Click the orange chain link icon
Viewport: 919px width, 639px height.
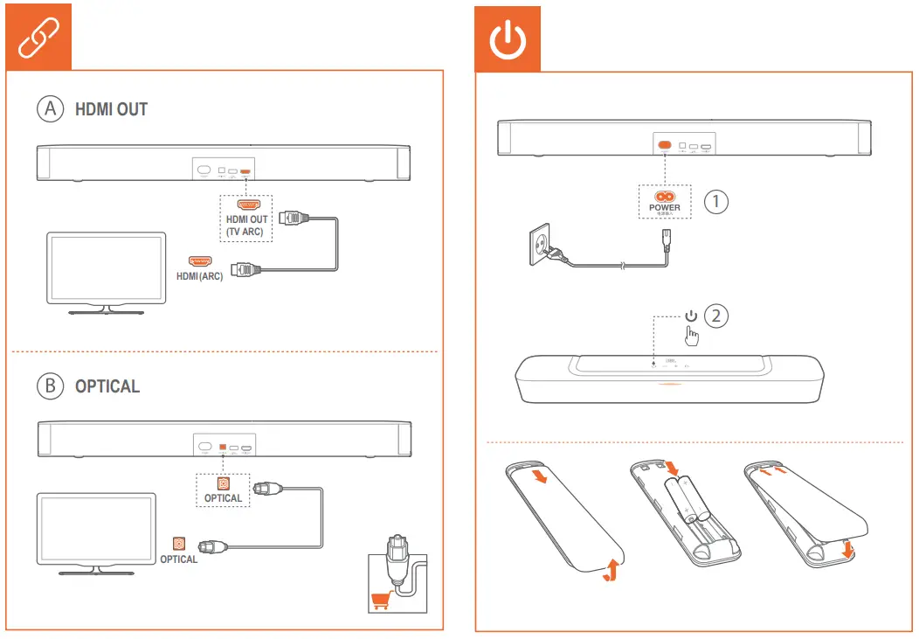tap(38, 39)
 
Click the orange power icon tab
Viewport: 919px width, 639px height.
tap(508, 39)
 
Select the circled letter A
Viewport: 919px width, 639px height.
tap(51, 109)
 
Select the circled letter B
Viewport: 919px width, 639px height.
tap(51, 385)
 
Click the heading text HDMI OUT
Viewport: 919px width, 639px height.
tap(111, 110)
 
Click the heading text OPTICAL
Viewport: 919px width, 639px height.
tap(107, 386)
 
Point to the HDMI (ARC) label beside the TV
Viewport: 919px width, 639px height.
tap(199, 276)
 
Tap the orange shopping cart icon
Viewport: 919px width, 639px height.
tap(380, 601)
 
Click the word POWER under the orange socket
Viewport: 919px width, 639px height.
tap(664, 207)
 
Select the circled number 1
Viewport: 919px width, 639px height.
tap(716, 201)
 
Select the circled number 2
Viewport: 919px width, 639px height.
tap(716, 316)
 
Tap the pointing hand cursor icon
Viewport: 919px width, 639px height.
tap(692, 336)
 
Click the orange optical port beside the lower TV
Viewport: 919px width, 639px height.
tap(179, 543)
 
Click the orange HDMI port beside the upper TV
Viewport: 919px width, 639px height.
tap(200, 260)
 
